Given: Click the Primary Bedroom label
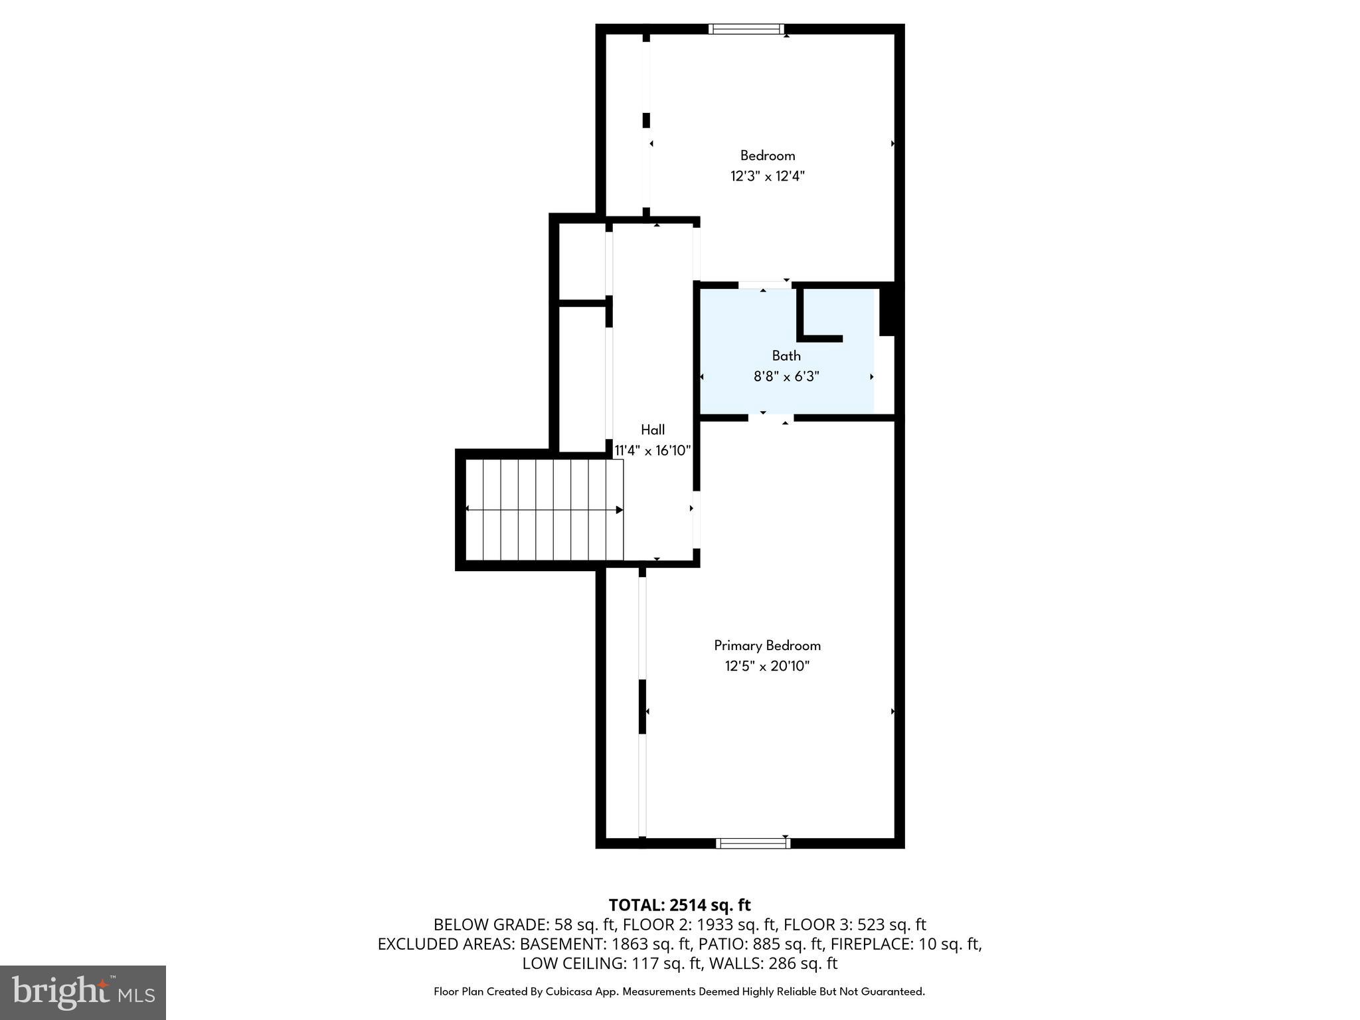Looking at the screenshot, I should pos(767,645).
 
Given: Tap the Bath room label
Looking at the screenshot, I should pos(786,356).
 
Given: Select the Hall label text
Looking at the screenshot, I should pos(652,430).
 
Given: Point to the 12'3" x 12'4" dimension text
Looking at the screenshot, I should pos(767,177).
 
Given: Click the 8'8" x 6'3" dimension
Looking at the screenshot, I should pos(786,377).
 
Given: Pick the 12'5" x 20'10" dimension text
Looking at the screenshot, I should pos(767,666).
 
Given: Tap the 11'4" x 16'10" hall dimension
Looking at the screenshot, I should pos(652,450).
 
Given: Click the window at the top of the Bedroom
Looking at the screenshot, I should pos(746,29).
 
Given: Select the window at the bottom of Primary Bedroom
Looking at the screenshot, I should pos(752,843).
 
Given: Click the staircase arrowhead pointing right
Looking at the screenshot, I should pos(619,510).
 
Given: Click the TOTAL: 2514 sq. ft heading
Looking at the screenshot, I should pos(679,905).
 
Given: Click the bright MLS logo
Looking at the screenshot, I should pos(82,992).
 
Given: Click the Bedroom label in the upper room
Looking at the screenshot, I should pos(767,156).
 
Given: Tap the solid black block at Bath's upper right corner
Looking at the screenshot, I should pos(887,310).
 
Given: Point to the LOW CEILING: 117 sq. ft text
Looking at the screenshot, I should pos(606,963).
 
